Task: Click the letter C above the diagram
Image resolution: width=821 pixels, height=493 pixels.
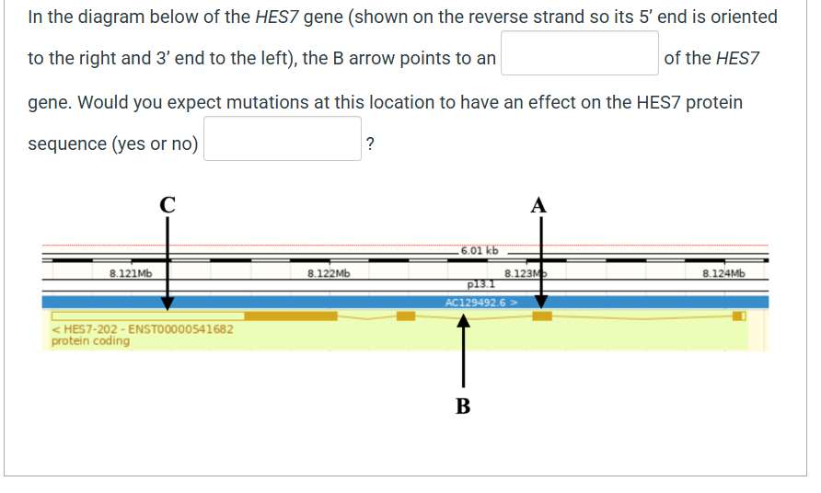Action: click(x=168, y=205)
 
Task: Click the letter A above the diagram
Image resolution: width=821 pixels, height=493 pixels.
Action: click(x=540, y=204)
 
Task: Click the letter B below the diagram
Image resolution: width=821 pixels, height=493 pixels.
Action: click(x=463, y=406)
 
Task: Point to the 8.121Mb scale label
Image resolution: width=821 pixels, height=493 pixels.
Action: click(x=131, y=273)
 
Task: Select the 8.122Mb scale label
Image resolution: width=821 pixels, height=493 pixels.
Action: click(x=329, y=273)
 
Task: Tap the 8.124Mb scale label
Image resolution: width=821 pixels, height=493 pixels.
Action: click(x=723, y=273)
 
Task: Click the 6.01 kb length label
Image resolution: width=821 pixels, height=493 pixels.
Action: click(x=479, y=250)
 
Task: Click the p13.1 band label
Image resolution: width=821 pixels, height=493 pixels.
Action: click(x=481, y=284)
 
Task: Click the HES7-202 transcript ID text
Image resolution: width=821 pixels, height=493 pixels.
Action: click(x=143, y=329)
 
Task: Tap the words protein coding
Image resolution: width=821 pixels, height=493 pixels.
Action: click(x=90, y=341)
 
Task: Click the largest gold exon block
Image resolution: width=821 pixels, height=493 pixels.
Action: click(x=291, y=316)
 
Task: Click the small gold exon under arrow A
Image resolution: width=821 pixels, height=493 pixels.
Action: click(x=542, y=316)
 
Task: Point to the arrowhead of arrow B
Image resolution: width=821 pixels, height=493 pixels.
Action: click(x=464, y=321)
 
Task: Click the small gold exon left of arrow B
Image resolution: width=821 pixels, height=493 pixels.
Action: click(x=406, y=316)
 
